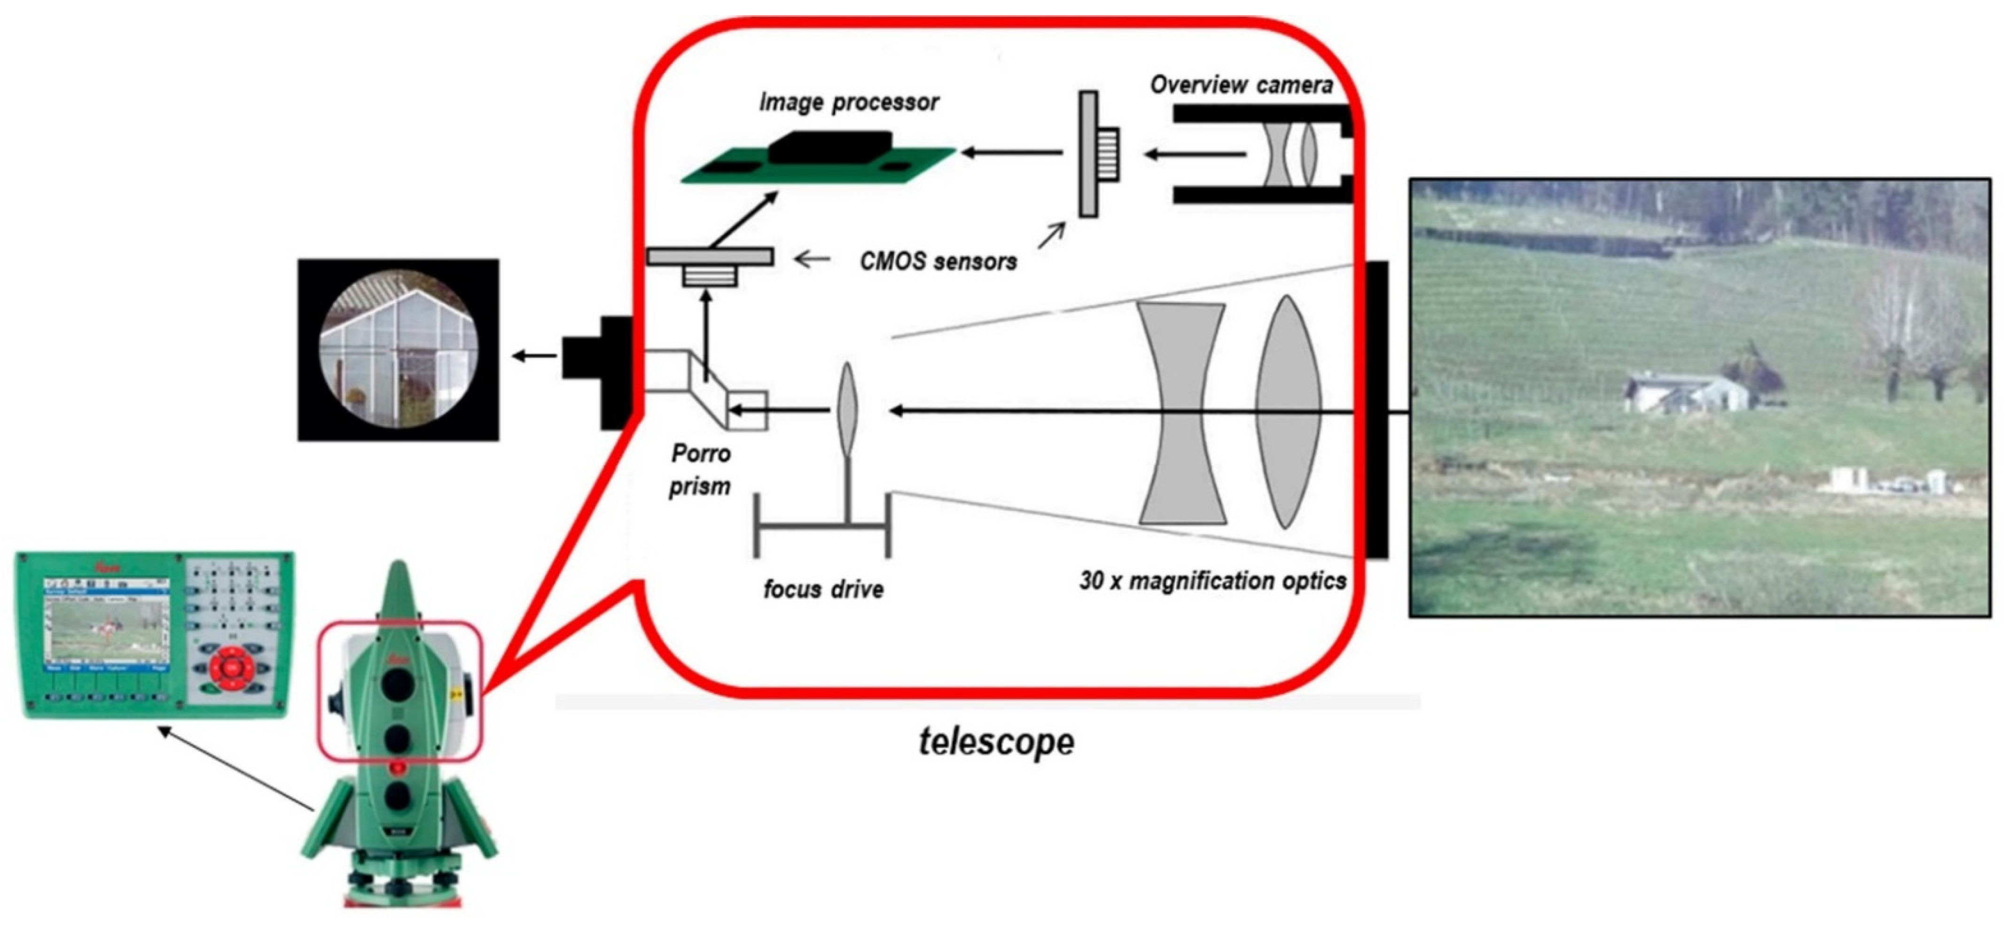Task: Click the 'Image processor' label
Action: [849, 102]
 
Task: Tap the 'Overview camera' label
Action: [1241, 84]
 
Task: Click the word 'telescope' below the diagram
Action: [996, 741]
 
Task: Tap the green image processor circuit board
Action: [819, 160]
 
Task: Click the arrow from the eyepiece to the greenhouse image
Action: [534, 356]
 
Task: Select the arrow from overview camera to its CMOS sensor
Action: [1194, 155]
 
